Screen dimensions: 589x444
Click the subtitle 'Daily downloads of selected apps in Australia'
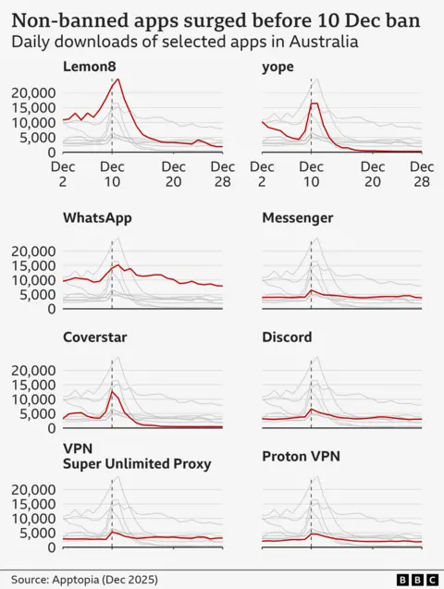pos(185,43)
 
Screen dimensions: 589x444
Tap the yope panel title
pos(277,67)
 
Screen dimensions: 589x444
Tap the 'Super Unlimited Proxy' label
pos(138,463)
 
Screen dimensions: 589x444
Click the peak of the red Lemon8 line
pos(117,80)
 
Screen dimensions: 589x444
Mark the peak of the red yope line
pos(314,104)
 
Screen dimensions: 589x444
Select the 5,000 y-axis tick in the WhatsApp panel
pos(39,294)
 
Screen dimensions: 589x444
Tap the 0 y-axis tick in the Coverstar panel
pos(52,427)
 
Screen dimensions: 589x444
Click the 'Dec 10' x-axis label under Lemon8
pos(112,174)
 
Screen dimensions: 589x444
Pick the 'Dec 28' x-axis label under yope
pos(422,174)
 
